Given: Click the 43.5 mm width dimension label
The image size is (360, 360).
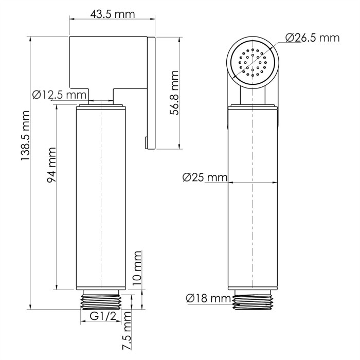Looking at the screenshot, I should (x=113, y=14).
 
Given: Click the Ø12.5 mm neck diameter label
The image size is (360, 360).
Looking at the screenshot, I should (x=59, y=95).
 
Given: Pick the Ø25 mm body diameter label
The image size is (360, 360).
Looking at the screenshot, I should (x=205, y=177).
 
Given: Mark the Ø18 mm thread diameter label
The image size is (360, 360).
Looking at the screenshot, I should (x=207, y=298).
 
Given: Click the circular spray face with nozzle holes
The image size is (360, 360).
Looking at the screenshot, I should (x=254, y=62).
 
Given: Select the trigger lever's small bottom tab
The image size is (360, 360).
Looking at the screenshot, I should (x=147, y=142).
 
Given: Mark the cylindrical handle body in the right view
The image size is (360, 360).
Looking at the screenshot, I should (x=253, y=201).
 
